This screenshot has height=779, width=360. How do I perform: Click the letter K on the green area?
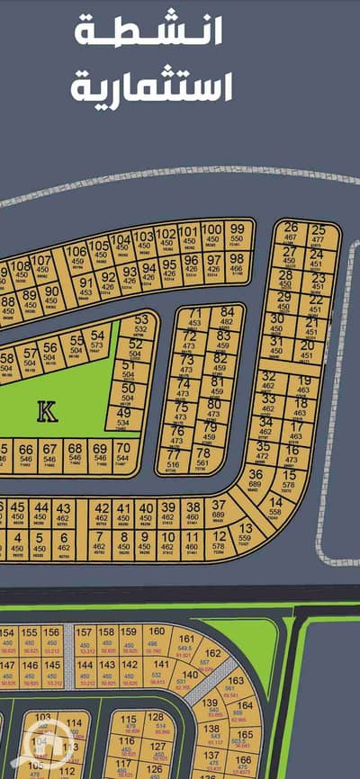[47, 412]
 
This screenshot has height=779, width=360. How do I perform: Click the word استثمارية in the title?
[152, 87]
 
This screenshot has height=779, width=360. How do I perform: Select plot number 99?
[237, 235]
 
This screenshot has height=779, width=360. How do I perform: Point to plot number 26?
[290, 234]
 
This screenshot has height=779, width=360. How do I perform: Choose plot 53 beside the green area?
[141, 327]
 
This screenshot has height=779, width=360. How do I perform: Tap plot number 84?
[226, 318]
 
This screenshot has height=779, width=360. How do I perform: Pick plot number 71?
[195, 318]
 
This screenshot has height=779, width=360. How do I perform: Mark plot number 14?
[275, 506]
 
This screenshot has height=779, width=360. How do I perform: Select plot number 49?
[123, 417]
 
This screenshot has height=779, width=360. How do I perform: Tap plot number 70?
[122, 452]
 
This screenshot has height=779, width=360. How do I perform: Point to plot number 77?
[171, 459]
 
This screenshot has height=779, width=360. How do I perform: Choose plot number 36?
[255, 479]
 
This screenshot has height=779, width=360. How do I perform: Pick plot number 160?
[157, 636]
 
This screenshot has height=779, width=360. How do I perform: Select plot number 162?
[212, 658]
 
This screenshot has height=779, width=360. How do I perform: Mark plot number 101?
[188, 236]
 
